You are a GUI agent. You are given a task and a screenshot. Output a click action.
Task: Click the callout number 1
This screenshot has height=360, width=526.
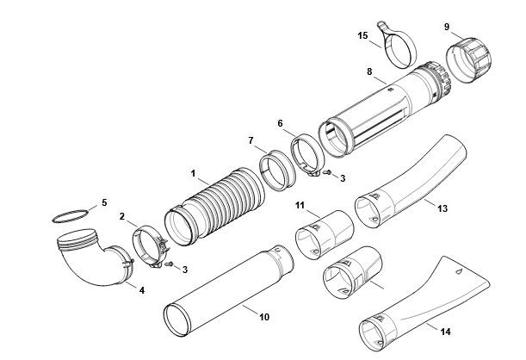pyautogui.click(x=193, y=173)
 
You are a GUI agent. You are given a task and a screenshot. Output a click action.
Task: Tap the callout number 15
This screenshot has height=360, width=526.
pyautogui.click(x=362, y=35)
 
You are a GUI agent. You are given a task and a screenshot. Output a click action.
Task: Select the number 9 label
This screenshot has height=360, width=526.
pyautogui.click(x=447, y=27)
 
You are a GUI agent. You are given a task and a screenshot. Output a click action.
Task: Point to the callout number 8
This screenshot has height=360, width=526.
pyautogui.click(x=369, y=71)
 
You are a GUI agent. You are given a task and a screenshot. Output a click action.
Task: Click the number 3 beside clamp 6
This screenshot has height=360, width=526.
pyautogui.click(x=343, y=178)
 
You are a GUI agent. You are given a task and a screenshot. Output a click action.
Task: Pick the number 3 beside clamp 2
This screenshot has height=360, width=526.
pyautogui.click(x=185, y=270)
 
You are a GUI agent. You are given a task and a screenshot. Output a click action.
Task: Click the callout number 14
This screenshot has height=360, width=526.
pyautogui.click(x=445, y=332)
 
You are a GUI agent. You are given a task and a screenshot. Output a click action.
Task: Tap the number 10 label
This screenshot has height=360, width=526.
pyautogui.click(x=264, y=317)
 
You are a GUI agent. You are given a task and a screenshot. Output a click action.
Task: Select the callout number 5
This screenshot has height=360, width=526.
pyautogui.click(x=104, y=202)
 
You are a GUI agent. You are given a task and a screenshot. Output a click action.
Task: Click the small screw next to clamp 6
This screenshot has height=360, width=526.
pyautogui.click(x=327, y=172)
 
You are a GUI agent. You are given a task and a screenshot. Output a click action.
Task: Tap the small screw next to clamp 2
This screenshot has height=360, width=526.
pyautogui.click(x=169, y=264)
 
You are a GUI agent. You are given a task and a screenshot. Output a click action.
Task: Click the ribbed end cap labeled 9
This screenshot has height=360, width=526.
pyautogui.click(x=468, y=60)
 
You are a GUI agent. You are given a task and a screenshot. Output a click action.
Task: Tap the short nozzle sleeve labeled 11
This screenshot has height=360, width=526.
pyautogui.click(x=325, y=234)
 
